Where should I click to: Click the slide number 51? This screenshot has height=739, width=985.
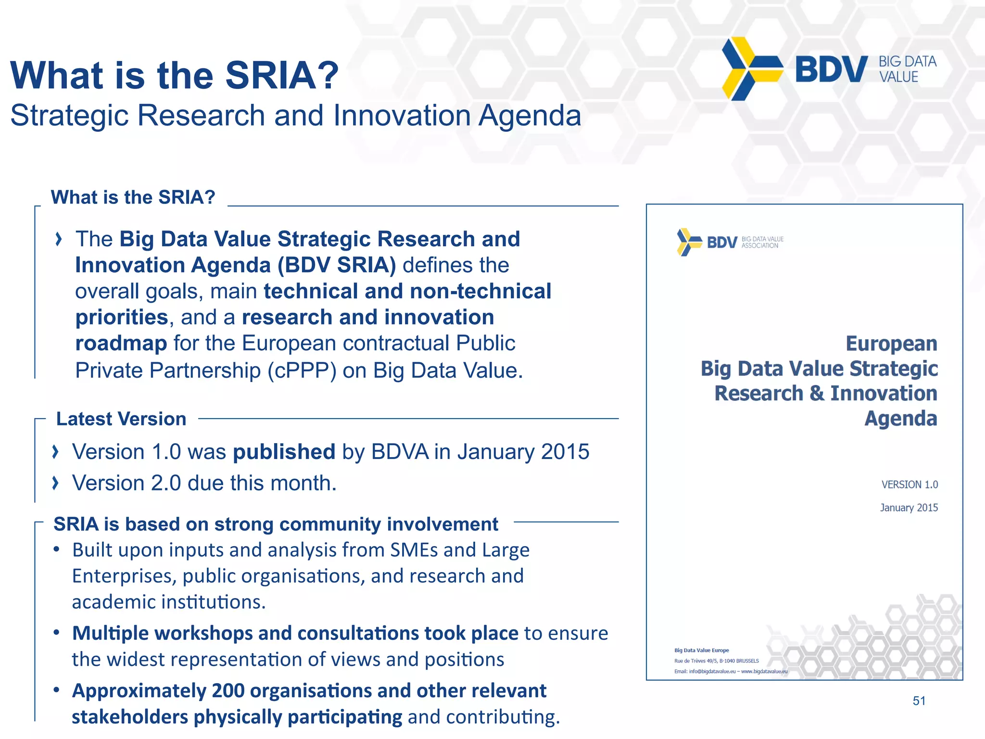(x=919, y=701)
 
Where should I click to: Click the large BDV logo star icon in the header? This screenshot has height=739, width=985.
(x=752, y=69)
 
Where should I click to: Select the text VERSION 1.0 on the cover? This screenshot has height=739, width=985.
(x=909, y=484)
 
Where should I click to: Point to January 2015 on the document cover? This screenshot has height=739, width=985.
(x=909, y=508)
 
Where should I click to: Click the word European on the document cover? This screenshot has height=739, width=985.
(x=891, y=344)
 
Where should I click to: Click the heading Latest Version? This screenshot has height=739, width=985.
(x=121, y=419)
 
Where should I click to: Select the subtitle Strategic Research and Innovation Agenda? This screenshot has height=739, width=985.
(x=295, y=115)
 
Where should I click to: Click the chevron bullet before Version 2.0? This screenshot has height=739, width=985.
(x=56, y=483)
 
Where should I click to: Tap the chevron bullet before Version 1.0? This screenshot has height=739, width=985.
(x=56, y=451)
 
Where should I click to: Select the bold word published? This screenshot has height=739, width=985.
(x=284, y=451)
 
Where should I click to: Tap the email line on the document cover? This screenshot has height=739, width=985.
(x=731, y=671)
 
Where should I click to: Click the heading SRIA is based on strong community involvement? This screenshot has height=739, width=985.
(x=276, y=524)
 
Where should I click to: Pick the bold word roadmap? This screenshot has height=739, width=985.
(x=121, y=344)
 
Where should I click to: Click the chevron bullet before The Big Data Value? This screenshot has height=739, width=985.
(x=59, y=239)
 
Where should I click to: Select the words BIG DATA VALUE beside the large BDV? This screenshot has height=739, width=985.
(x=907, y=69)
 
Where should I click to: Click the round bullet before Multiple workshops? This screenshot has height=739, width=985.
(x=57, y=632)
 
